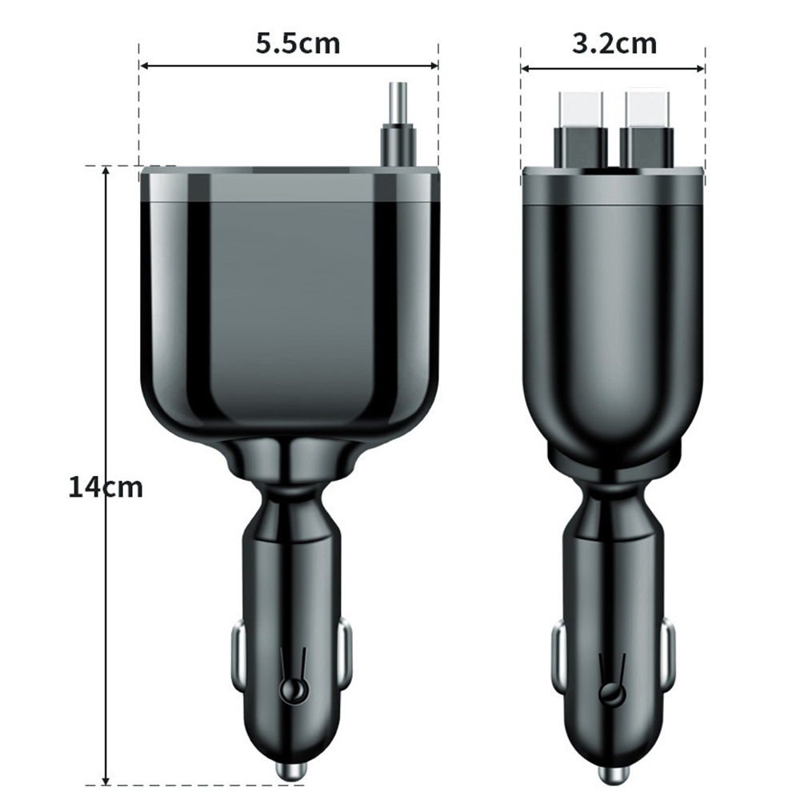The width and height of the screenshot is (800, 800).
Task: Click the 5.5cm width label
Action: click(x=297, y=43)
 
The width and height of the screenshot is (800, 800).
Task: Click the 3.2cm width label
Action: click(x=614, y=43)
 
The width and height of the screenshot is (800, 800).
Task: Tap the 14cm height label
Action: click(x=105, y=486)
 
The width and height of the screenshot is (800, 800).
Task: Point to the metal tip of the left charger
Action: click(x=290, y=771)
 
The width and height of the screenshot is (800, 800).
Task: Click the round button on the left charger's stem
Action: click(x=292, y=692)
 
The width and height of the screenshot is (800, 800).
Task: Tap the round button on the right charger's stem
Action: click(x=614, y=694)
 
